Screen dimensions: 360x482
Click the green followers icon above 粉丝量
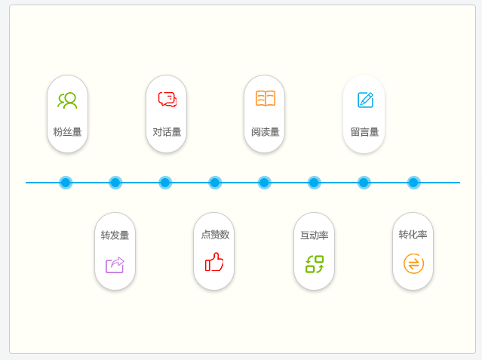(67, 100)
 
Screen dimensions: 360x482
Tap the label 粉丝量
(67, 132)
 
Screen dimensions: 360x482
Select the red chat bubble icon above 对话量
(167, 100)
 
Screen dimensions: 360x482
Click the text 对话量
(167, 132)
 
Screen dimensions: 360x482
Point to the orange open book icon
(265, 99)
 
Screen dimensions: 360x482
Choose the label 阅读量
(265, 132)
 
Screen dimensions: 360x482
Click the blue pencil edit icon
(365, 100)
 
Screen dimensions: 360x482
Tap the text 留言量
(364, 132)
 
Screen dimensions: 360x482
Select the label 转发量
(115, 235)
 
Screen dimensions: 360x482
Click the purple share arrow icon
(115, 264)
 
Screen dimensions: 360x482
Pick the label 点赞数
(214, 235)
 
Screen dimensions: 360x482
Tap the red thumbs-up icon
(214, 263)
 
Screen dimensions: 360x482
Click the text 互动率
(314, 235)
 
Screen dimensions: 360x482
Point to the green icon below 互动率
(315, 263)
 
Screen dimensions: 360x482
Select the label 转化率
(413, 235)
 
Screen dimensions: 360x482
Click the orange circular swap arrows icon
(413, 263)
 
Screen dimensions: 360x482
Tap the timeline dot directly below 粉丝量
(66, 183)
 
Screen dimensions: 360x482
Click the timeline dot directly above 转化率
(413, 183)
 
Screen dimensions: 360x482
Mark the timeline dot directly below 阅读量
(264, 183)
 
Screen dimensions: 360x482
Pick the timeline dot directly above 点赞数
(215, 183)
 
